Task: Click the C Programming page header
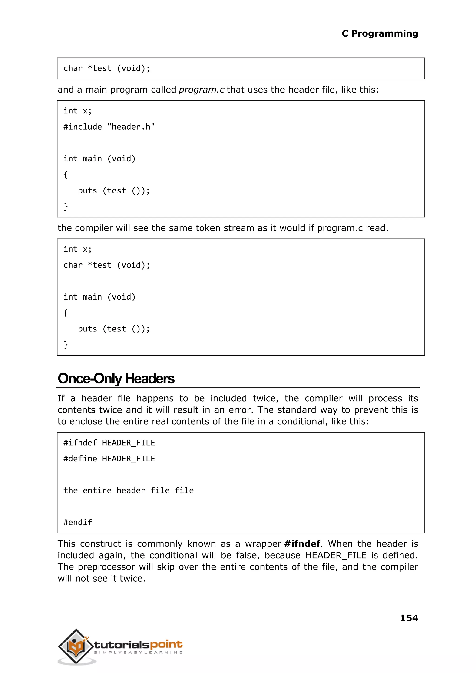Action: pyautogui.click(x=380, y=33)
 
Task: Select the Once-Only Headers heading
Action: pyautogui.click(x=116, y=379)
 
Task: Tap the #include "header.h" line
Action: pyautogui.click(x=109, y=127)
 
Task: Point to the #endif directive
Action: pyautogui.click(x=78, y=522)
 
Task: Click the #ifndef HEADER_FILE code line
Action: pyautogui.click(x=109, y=443)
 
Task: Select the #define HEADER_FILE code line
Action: pyautogui.click(x=109, y=459)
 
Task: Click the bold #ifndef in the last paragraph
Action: pyautogui.click(x=302, y=544)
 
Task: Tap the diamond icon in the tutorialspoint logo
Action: pyautogui.click(x=76, y=646)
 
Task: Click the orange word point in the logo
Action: pyautogui.click(x=166, y=644)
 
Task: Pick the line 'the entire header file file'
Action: pyautogui.click(x=128, y=491)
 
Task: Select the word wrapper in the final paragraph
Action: pyautogui.click(x=263, y=544)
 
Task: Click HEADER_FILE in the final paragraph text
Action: pyautogui.click(x=336, y=555)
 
